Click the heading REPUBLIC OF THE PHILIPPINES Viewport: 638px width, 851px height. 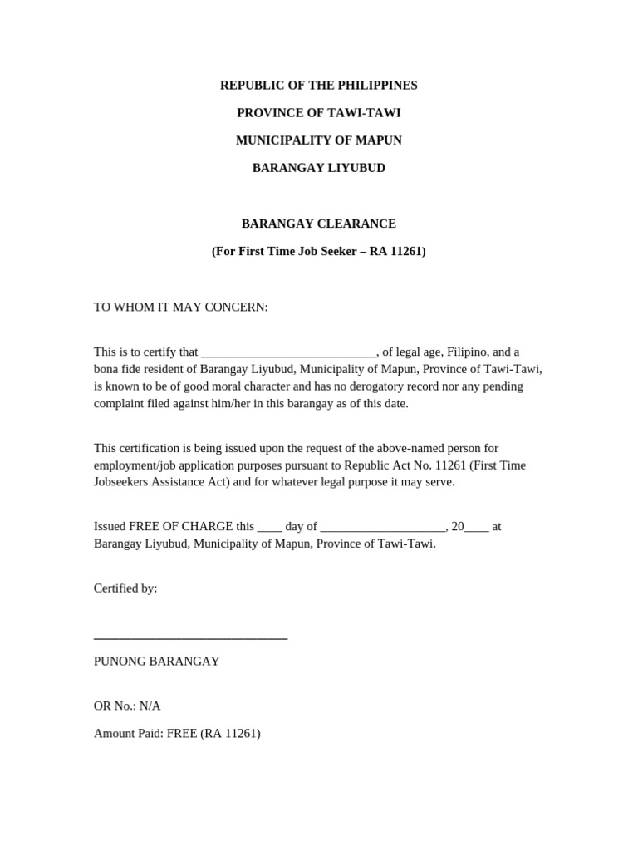coord(318,86)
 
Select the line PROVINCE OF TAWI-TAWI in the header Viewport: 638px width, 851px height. coord(318,113)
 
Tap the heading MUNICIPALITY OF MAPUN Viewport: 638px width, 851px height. coord(318,140)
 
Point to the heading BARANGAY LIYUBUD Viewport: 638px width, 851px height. coord(318,168)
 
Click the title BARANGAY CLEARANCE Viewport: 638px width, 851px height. coord(318,224)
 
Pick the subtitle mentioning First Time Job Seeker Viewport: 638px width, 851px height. coord(318,251)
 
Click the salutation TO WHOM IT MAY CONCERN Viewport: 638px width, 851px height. coord(180,307)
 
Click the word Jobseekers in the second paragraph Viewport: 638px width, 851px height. coord(124,482)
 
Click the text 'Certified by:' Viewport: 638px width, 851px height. coord(125,588)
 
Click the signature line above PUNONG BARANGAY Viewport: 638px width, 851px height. coord(190,637)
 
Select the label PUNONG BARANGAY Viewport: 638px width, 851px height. coord(156,662)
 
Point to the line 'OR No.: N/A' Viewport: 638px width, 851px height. coord(127,706)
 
